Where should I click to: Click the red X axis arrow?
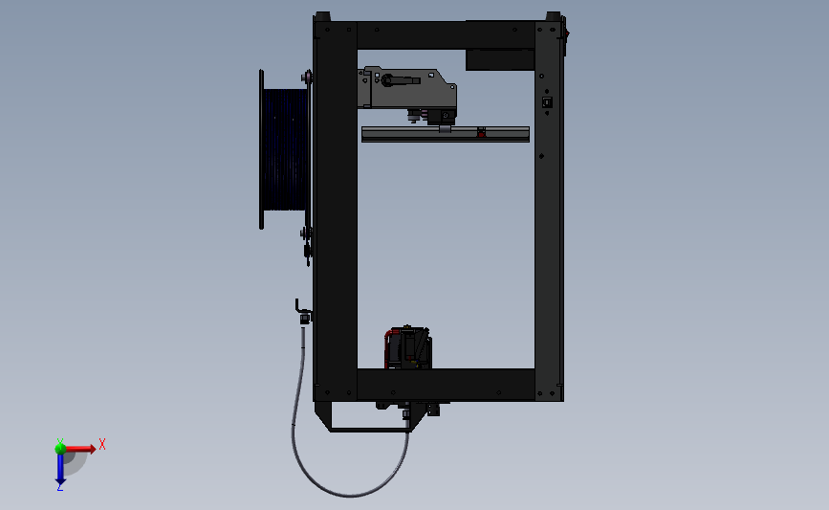point(81,448)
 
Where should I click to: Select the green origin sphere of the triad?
point(60,448)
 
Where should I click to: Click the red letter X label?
point(101,444)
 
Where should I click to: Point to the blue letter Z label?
point(59,488)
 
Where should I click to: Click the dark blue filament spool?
point(284,148)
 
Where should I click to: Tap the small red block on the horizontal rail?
point(481,133)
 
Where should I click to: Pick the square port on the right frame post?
point(547,102)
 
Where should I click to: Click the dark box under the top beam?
point(499,59)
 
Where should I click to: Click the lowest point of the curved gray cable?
point(351,495)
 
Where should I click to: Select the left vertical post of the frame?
point(336,211)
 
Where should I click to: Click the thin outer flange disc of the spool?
point(261,148)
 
